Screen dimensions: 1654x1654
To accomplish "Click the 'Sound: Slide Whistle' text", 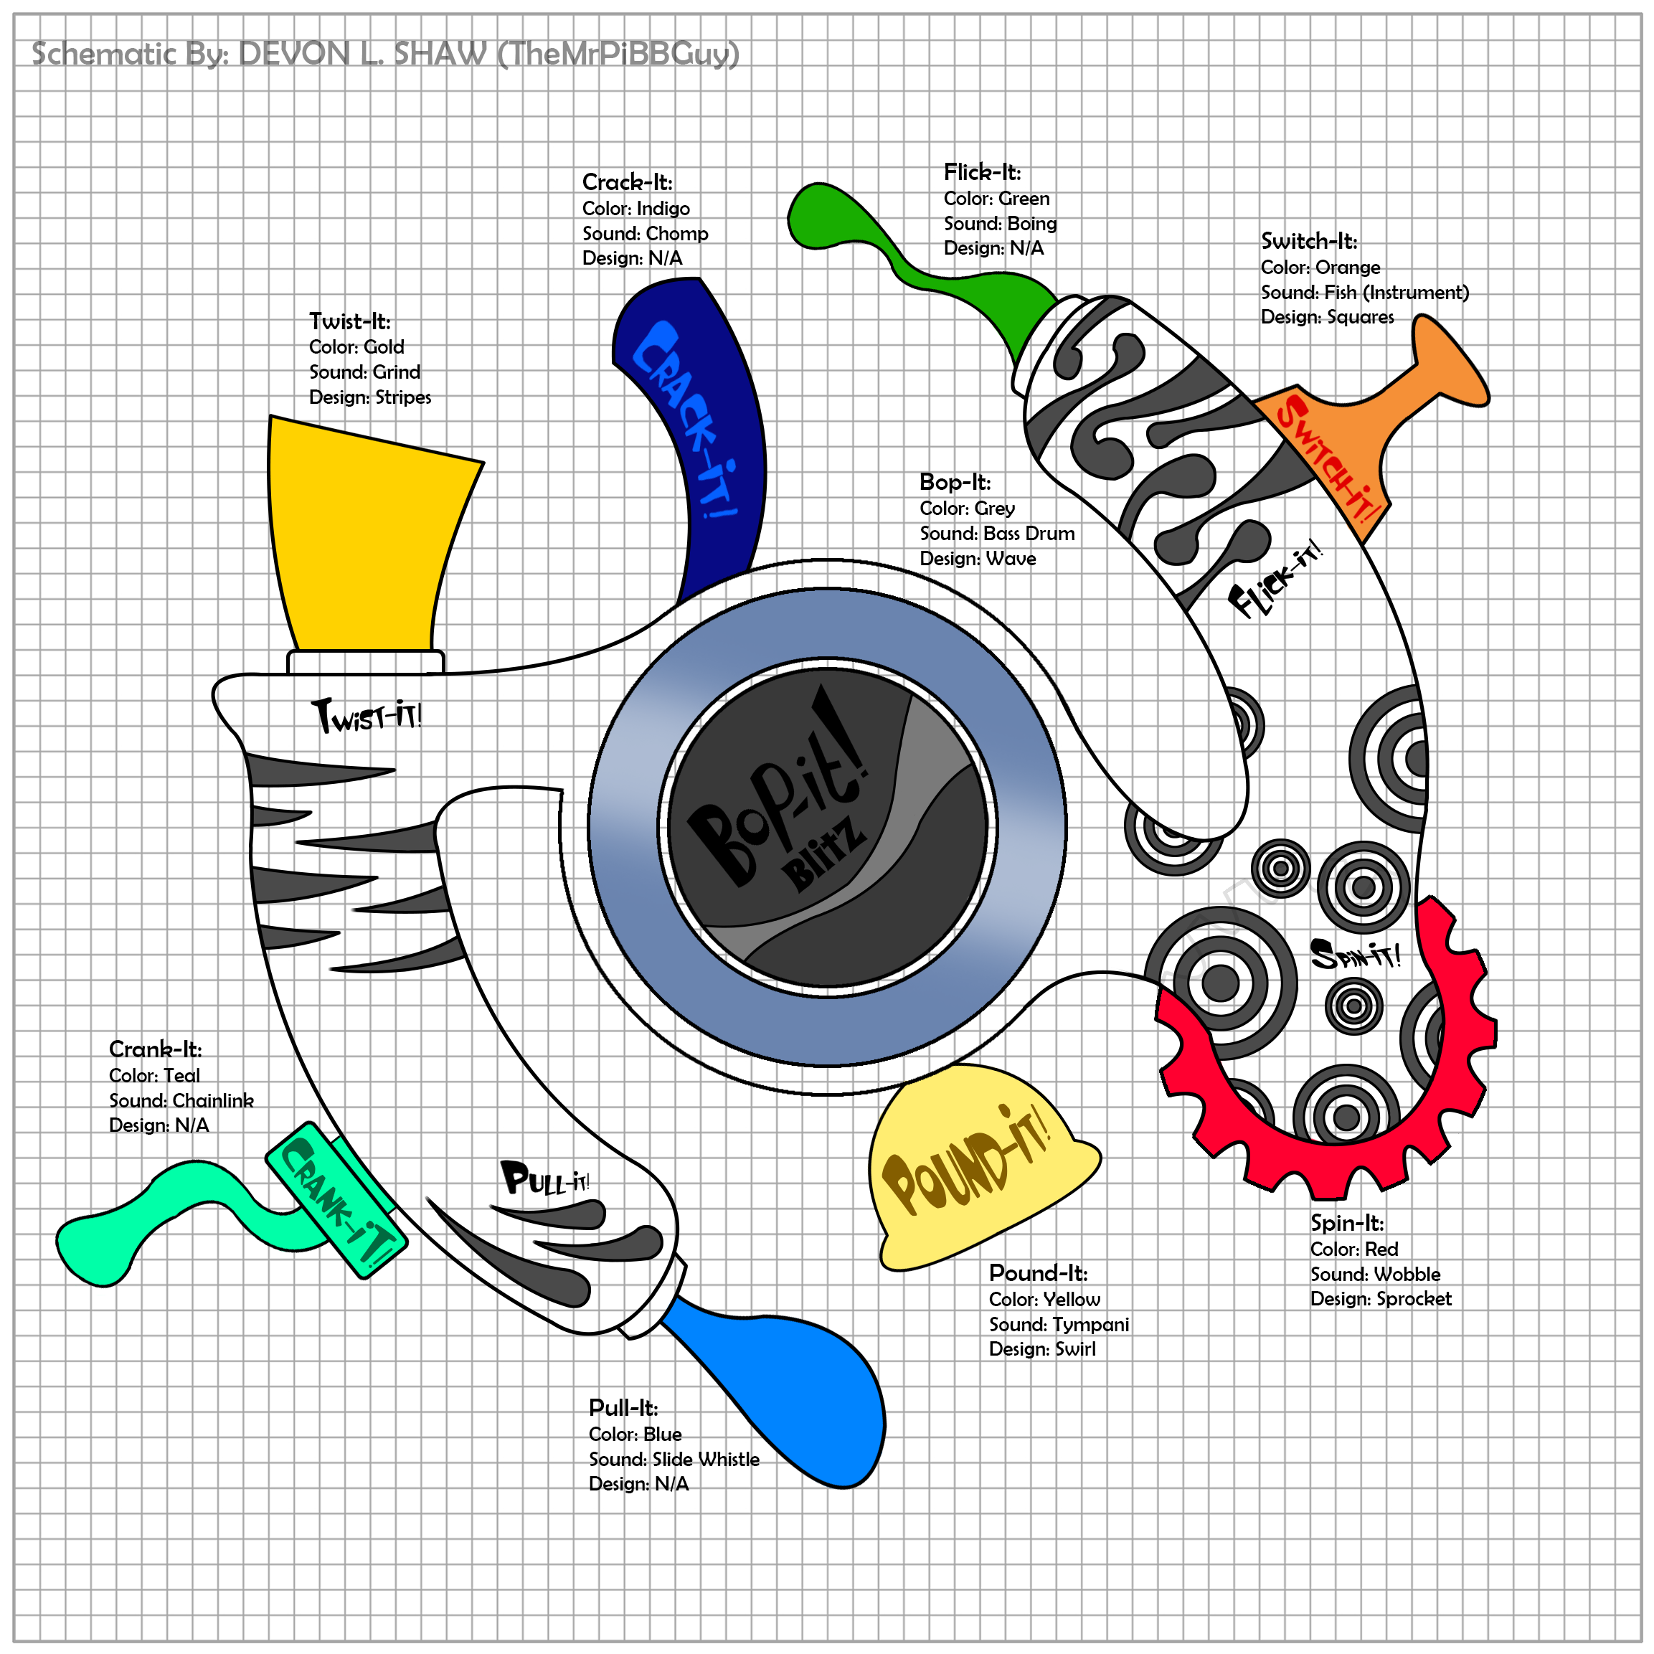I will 674,1459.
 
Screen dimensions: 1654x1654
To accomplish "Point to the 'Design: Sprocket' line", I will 1380,1299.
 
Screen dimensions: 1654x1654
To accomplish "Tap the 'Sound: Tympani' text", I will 1058,1324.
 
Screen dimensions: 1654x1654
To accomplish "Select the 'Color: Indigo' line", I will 635,208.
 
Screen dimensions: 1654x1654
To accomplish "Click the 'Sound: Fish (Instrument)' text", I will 1365,293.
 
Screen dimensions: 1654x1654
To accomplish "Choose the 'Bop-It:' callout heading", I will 955,482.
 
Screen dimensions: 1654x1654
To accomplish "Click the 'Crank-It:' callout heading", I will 155,1049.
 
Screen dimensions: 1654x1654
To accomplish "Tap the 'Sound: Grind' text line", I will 364,372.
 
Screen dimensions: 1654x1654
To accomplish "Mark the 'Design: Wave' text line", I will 977,559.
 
